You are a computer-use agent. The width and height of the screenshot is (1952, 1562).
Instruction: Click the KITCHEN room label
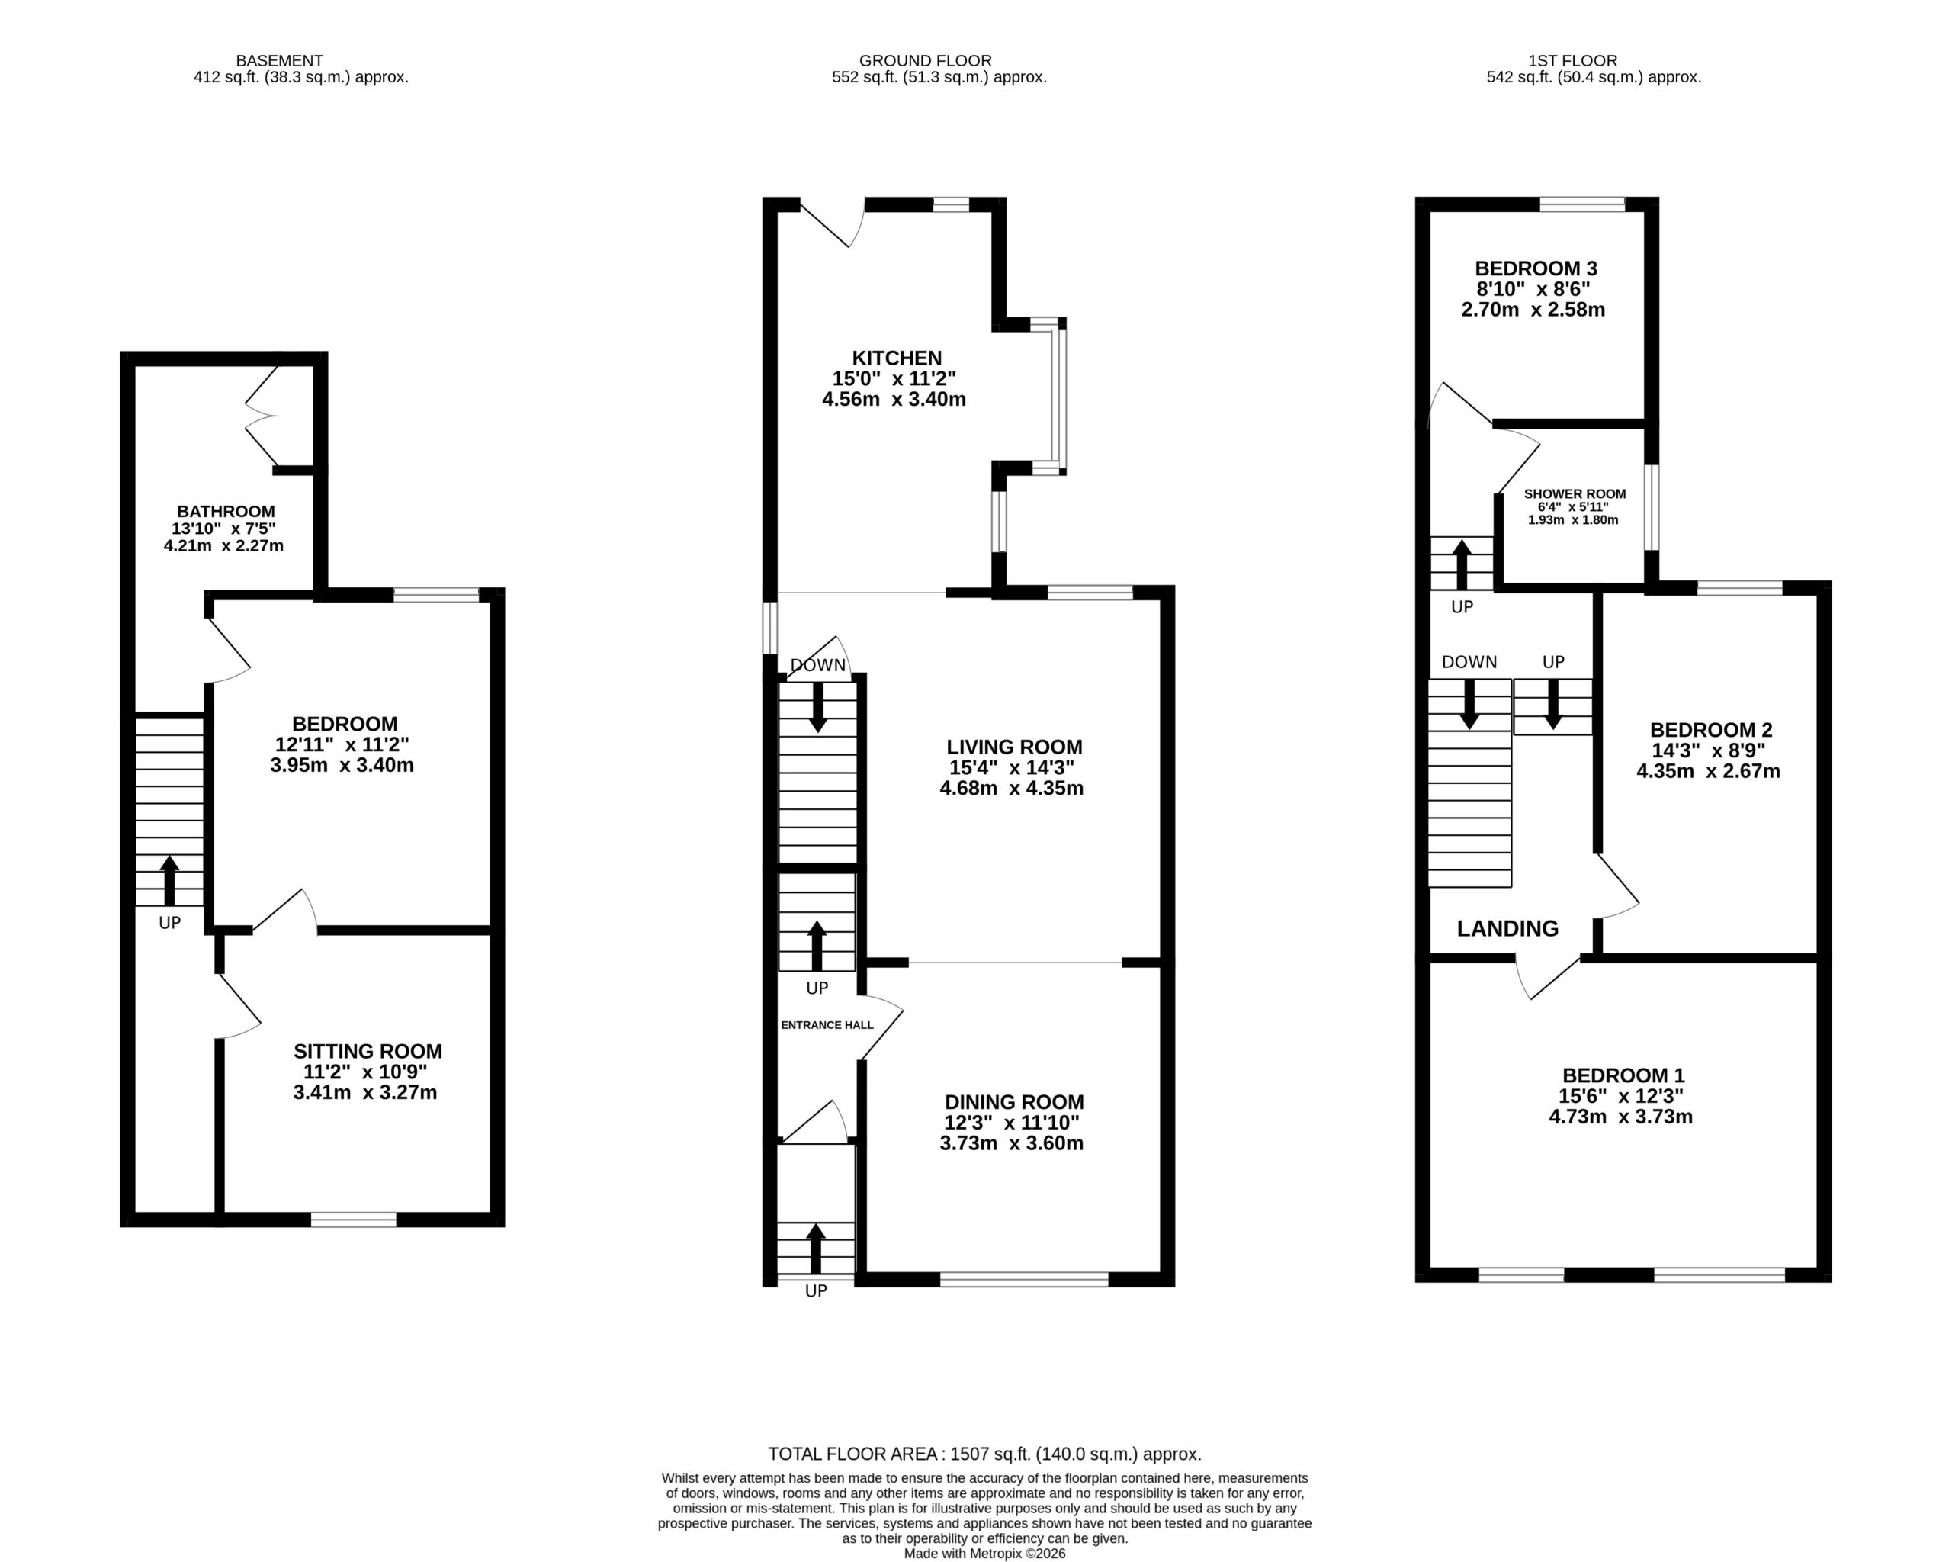(x=897, y=358)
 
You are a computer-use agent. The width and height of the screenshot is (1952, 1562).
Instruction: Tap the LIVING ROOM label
(x=1014, y=747)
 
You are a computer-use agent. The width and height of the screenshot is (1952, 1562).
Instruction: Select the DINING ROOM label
(x=1014, y=1102)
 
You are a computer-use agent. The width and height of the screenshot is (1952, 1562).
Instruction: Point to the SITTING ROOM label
(x=368, y=1051)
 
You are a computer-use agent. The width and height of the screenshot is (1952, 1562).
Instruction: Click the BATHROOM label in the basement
(x=226, y=512)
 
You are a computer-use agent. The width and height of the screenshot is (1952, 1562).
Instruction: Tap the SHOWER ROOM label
(x=1575, y=494)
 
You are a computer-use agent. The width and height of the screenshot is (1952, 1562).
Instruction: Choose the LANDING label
(x=1507, y=928)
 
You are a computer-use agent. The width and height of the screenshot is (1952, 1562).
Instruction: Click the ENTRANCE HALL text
(x=827, y=1025)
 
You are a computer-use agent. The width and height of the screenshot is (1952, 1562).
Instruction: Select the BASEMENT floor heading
(x=279, y=62)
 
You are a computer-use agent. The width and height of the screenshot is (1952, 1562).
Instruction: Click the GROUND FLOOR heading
(x=926, y=62)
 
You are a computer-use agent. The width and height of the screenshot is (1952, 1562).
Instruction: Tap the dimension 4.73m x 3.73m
(x=1620, y=1117)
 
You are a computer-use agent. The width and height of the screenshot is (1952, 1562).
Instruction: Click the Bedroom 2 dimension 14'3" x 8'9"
(x=1707, y=750)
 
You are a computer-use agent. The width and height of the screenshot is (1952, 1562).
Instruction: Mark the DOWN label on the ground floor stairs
(x=817, y=666)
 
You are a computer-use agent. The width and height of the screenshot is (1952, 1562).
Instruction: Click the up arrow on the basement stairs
(x=169, y=881)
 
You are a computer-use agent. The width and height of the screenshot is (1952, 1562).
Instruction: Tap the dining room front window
(x=1024, y=1278)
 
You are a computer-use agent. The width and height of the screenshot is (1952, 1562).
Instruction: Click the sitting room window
(x=353, y=1220)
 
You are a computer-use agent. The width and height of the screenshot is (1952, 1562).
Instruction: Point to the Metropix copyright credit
(x=984, y=1554)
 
